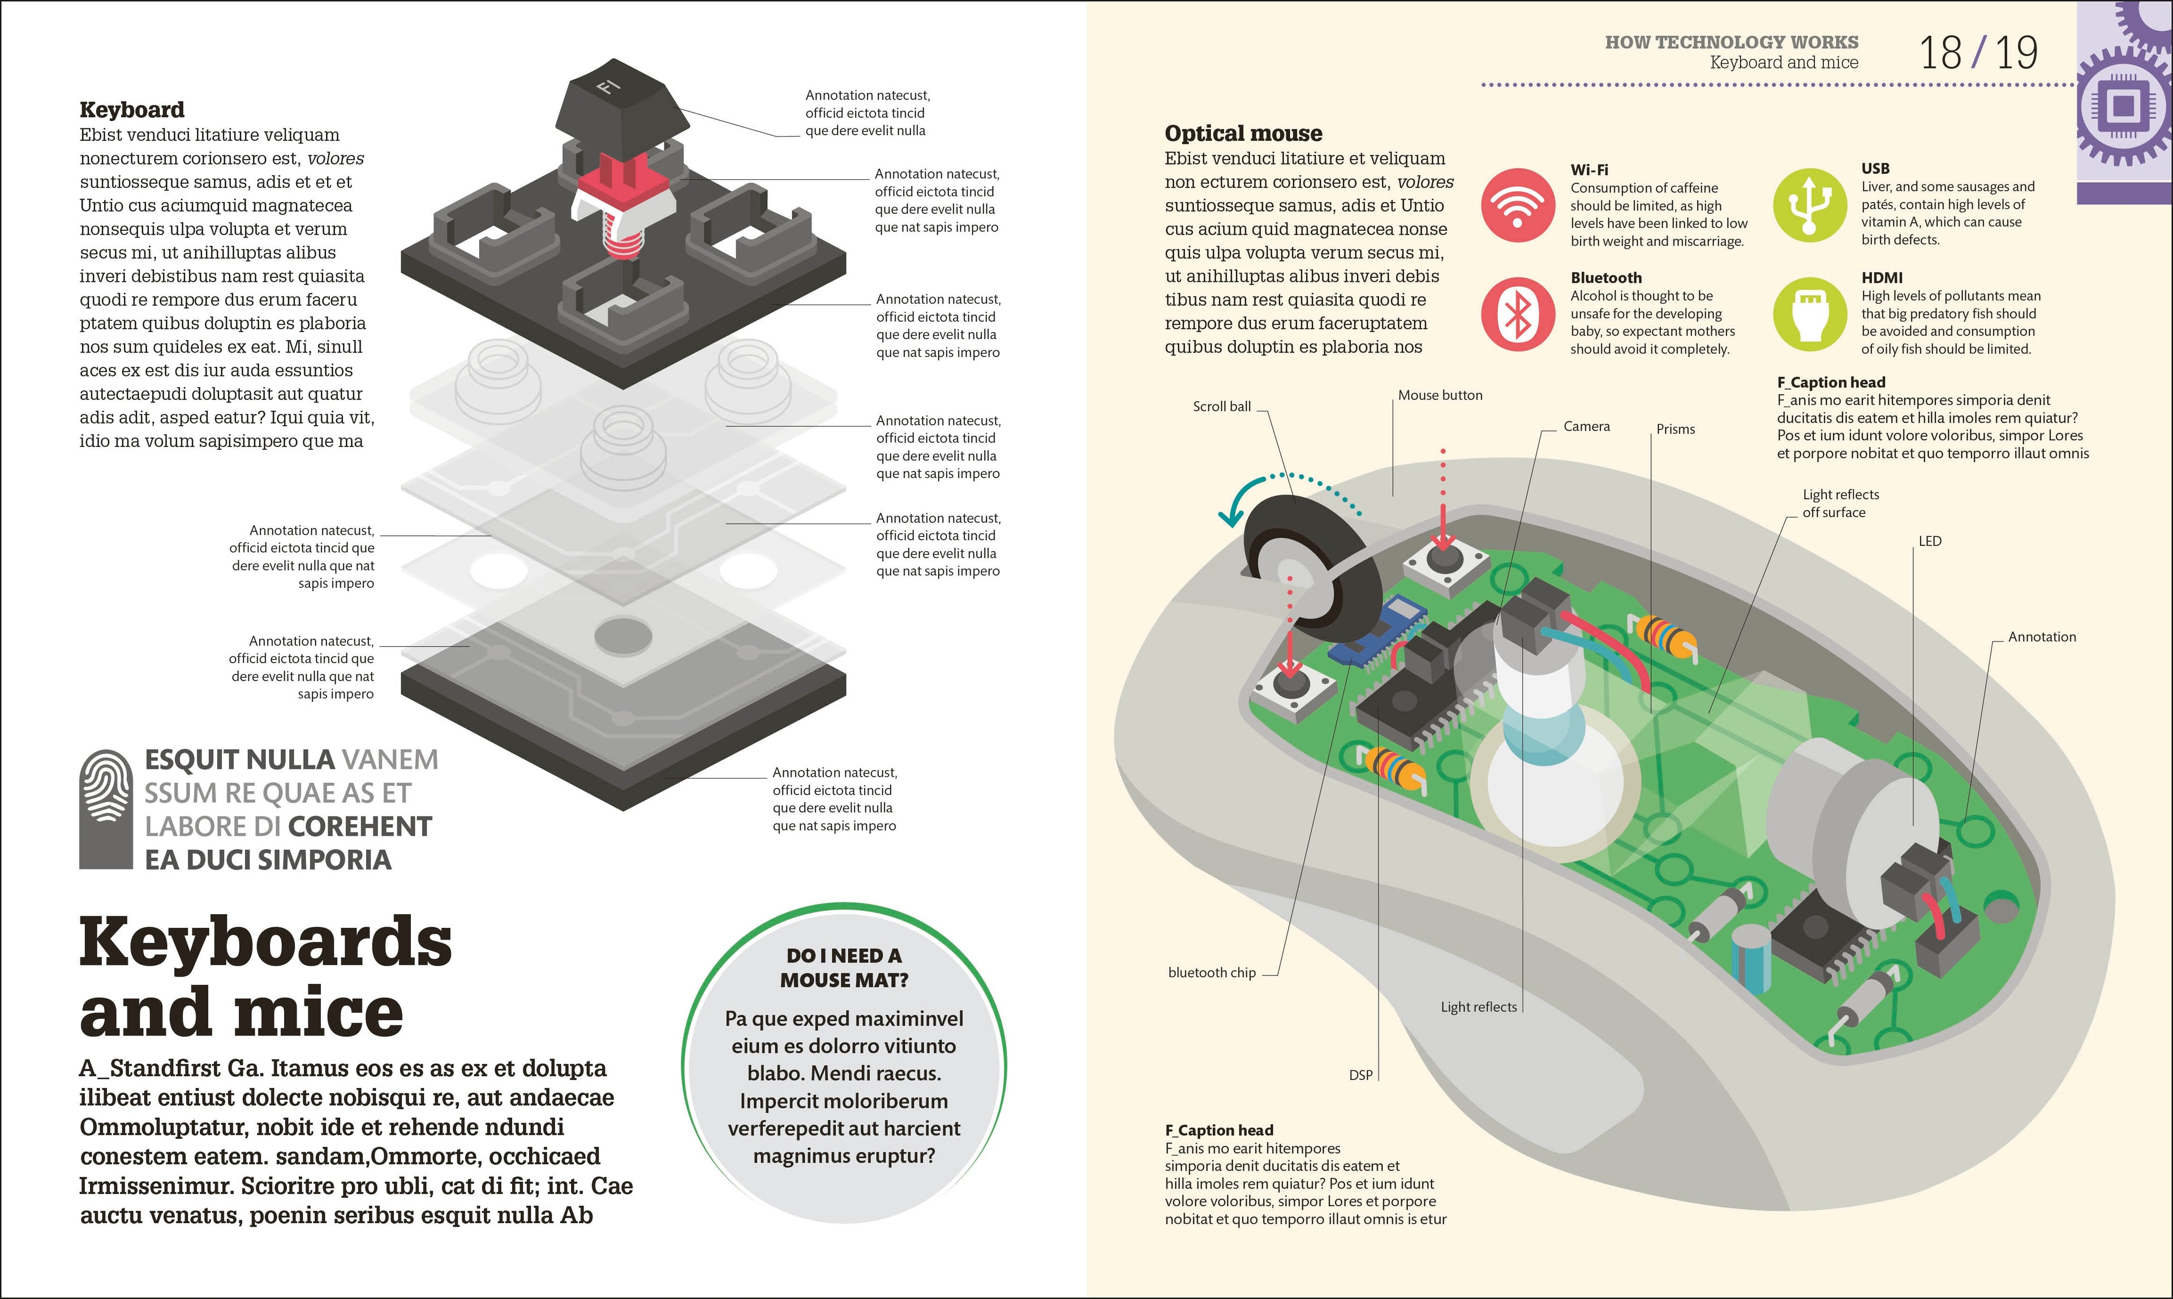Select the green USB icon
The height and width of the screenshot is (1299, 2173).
pyautogui.click(x=1810, y=205)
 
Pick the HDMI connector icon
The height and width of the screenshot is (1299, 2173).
pyautogui.click(x=1810, y=313)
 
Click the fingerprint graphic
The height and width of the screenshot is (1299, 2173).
pyautogui.click(x=106, y=809)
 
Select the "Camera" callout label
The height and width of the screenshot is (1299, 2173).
pyautogui.click(x=1586, y=426)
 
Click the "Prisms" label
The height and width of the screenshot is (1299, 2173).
pyautogui.click(x=1675, y=429)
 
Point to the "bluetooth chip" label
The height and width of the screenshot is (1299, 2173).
pyautogui.click(x=1212, y=973)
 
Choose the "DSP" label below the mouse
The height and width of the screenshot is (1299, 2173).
pyautogui.click(x=1360, y=1075)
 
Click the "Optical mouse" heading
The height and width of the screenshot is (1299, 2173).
pyautogui.click(x=1243, y=133)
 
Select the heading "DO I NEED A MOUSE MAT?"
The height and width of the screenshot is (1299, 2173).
pyautogui.click(x=844, y=967)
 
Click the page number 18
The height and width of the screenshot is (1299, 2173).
pyautogui.click(x=1940, y=53)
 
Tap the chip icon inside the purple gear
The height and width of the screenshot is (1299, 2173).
pyautogui.click(x=2123, y=107)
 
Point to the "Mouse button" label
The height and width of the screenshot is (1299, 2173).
pyautogui.click(x=1440, y=395)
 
